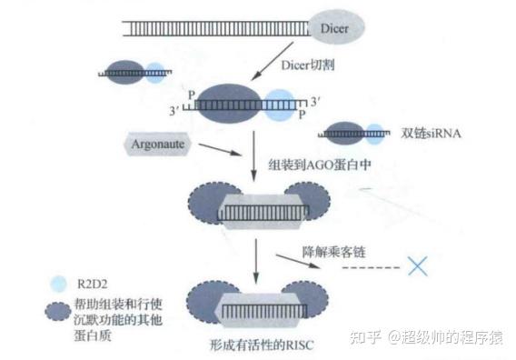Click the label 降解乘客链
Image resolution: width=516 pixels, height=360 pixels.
pos(334,250)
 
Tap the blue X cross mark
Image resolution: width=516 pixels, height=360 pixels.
pos(419,266)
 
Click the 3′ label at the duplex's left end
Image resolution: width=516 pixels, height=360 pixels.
pos(184,111)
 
